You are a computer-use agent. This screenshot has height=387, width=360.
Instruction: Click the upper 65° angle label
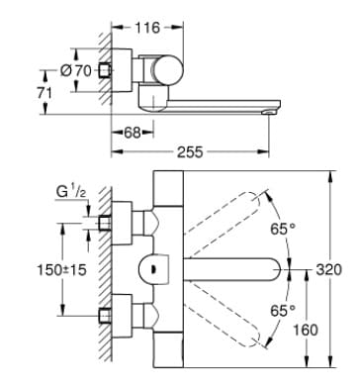(x=283, y=228)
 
